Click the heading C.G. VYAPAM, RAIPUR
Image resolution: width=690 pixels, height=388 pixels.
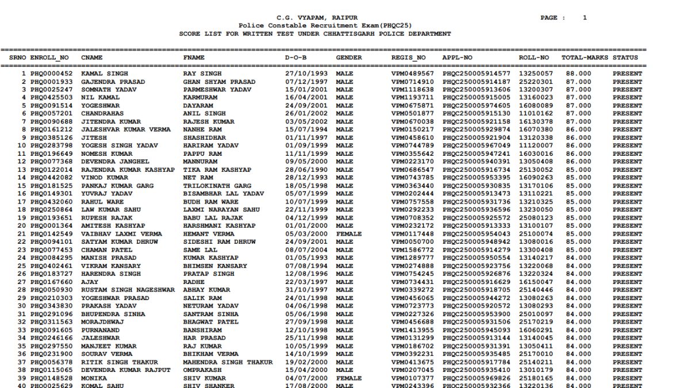(317, 18)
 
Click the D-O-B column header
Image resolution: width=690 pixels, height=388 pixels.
(296, 58)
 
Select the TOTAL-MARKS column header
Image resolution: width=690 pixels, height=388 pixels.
(585, 58)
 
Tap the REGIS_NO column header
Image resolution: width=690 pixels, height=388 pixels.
(409, 58)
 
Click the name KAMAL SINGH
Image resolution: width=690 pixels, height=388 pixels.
(104, 74)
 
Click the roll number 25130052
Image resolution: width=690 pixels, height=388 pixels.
(535, 170)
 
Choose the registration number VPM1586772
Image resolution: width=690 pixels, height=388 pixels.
(412, 251)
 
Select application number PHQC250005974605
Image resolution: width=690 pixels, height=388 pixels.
(476, 106)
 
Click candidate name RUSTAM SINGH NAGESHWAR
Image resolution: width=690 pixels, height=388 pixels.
(128, 290)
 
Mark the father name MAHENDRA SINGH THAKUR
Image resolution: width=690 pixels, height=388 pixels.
(228, 362)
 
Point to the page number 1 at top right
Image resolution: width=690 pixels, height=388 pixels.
(585, 18)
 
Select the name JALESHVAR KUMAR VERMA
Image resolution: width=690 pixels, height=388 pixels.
(126, 130)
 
